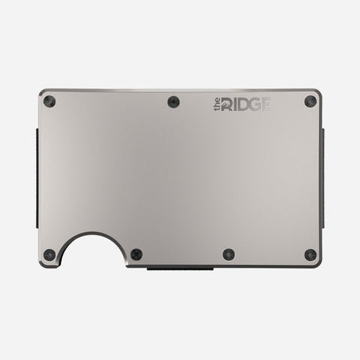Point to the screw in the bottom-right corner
[309, 254]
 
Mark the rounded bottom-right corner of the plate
[320, 263]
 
